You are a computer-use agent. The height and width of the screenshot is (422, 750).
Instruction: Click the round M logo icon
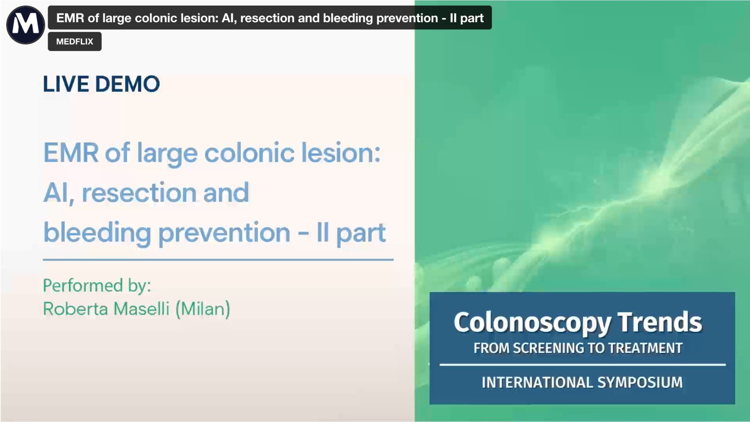(x=25, y=25)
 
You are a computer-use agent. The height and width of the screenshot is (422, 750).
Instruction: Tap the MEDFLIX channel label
(x=75, y=41)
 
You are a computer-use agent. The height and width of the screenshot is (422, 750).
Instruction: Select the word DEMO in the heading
(x=127, y=84)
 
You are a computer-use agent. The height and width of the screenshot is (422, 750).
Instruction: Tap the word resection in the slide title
(x=139, y=192)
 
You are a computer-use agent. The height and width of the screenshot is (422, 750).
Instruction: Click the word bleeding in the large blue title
(x=97, y=232)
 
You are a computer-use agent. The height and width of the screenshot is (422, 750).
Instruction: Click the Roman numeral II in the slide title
(x=322, y=232)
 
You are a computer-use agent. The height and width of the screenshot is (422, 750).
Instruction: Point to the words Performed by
(x=97, y=286)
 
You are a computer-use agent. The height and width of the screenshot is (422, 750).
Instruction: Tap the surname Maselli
(x=141, y=309)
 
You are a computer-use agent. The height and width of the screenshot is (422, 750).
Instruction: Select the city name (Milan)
(x=203, y=309)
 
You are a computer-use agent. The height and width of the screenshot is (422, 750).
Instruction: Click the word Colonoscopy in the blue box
(x=532, y=323)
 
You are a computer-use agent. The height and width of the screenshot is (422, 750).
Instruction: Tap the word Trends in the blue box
(x=659, y=322)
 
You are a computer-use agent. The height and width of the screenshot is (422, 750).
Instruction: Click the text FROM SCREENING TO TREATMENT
(x=578, y=348)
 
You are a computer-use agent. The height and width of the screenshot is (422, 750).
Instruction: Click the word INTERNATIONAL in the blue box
(x=536, y=382)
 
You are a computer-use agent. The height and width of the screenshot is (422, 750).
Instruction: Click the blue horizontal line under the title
(x=218, y=259)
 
